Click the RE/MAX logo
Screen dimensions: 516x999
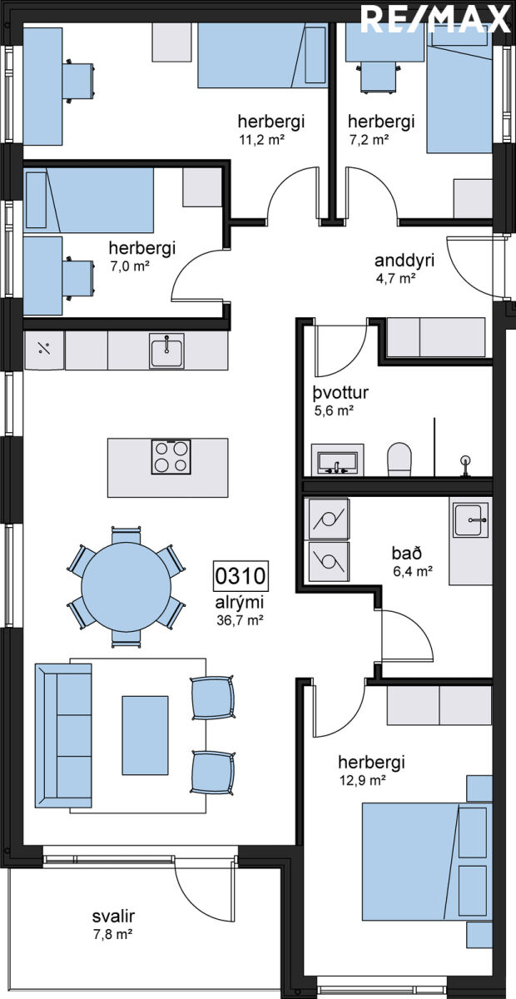click(x=434, y=18)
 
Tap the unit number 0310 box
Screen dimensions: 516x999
click(x=241, y=576)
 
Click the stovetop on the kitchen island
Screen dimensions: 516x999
click(x=171, y=457)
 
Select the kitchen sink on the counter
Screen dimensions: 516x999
click(x=166, y=350)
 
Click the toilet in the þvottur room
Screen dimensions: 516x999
click(x=399, y=459)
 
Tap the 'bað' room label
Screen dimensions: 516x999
click(x=407, y=553)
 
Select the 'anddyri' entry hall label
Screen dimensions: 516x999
click(x=404, y=261)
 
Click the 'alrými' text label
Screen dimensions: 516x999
click(x=240, y=603)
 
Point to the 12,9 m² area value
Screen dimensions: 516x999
click(x=362, y=780)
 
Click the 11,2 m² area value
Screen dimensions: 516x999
click(x=262, y=140)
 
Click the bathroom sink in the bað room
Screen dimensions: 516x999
click(x=470, y=520)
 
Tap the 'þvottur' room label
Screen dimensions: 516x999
click(x=340, y=393)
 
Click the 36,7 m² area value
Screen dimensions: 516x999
click(x=240, y=620)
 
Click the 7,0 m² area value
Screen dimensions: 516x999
click(x=129, y=266)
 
